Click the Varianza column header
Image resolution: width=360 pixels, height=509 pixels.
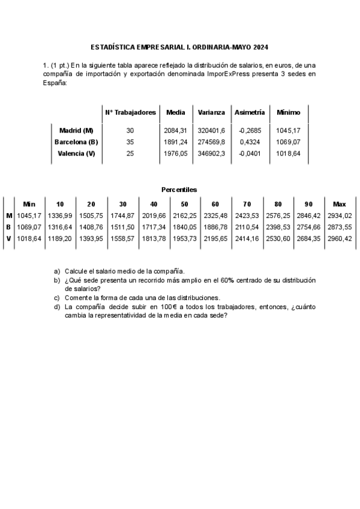point(211,112)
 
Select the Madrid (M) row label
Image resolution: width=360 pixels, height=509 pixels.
point(76,130)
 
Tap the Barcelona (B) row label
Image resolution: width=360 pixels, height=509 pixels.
point(76,142)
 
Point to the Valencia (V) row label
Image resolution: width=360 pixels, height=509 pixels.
point(76,154)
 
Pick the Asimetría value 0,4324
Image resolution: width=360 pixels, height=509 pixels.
point(249,142)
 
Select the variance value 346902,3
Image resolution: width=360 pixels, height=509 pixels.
point(211,154)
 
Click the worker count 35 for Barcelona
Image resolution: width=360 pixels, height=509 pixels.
point(130,142)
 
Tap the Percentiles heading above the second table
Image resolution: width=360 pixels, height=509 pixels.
point(179,190)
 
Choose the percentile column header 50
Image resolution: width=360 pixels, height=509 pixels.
point(184,204)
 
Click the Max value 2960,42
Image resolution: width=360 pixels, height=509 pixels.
point(340,238)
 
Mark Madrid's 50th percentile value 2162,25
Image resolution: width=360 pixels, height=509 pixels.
point(184,215)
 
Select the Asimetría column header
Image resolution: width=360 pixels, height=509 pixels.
point(250,112)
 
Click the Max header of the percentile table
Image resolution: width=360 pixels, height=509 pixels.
point(340,204)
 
